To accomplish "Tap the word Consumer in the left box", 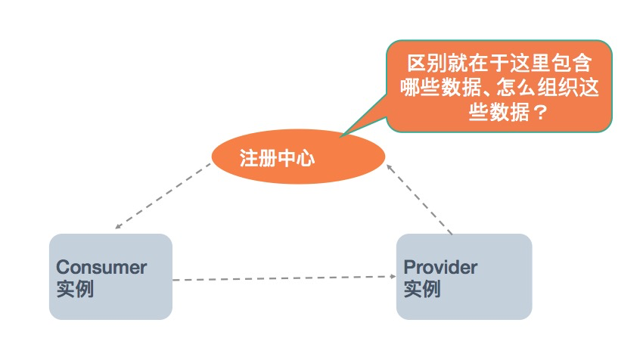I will point(101,267).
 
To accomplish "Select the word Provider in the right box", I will point(440,267).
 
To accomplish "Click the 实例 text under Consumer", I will point(75,289).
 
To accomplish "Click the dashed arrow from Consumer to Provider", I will point(284,278).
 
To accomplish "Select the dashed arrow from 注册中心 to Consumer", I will point(163,196).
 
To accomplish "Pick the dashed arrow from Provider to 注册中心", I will point(421,199).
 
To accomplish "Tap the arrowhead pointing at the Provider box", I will point(391,277).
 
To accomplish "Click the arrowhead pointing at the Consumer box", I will point(117,226).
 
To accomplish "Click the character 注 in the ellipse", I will point(249,159).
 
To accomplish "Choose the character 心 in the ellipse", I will point(306,159).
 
